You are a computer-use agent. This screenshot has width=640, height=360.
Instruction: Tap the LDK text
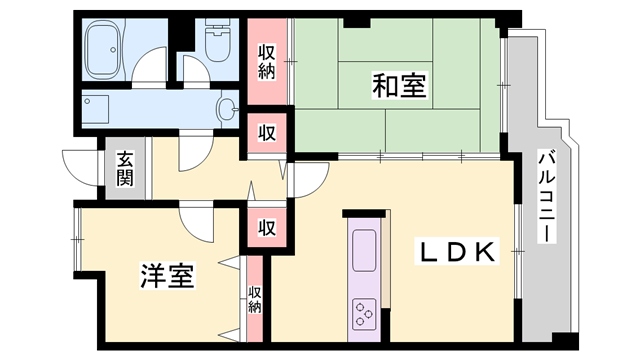(456, 254)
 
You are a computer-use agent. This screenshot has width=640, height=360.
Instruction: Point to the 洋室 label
(166, 275)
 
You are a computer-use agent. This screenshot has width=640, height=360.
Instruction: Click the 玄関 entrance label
(124, 168)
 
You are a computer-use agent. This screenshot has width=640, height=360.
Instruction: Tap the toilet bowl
(215, 40)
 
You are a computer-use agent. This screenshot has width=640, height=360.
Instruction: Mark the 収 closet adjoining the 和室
(267, 132)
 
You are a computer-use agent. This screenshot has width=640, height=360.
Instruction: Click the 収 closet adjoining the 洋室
(267, 227)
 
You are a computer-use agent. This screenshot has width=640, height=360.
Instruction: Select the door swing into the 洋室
(196, 220)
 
